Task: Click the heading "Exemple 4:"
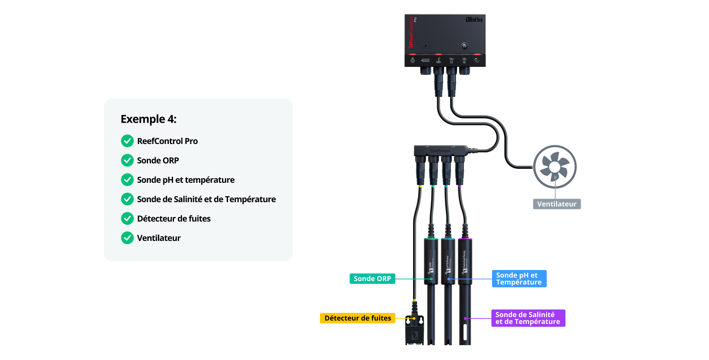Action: click(x=148, y=119)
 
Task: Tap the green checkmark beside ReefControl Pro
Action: click(x=127, y=141)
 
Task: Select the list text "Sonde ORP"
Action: click(x=158, y=161)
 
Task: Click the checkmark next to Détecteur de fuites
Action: click(x=127, y=219)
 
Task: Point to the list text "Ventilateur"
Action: click(x=159, y=238)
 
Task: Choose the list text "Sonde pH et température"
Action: click(x=186, y=180)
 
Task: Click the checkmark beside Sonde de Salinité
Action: click(x=127, y=199)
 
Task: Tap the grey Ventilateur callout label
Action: click(x=557, y=204)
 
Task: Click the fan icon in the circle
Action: click(x=555, y=167)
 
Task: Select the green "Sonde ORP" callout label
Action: click(x=372, y=279)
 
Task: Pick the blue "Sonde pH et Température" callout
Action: click(x=519, y=279)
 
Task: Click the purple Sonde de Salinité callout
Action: click(x=528, y=318)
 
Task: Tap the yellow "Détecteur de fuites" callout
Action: click(x=357, y=318)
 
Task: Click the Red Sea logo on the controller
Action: click(x=474, y=20)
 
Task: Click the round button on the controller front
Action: click(x=464, y=46)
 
